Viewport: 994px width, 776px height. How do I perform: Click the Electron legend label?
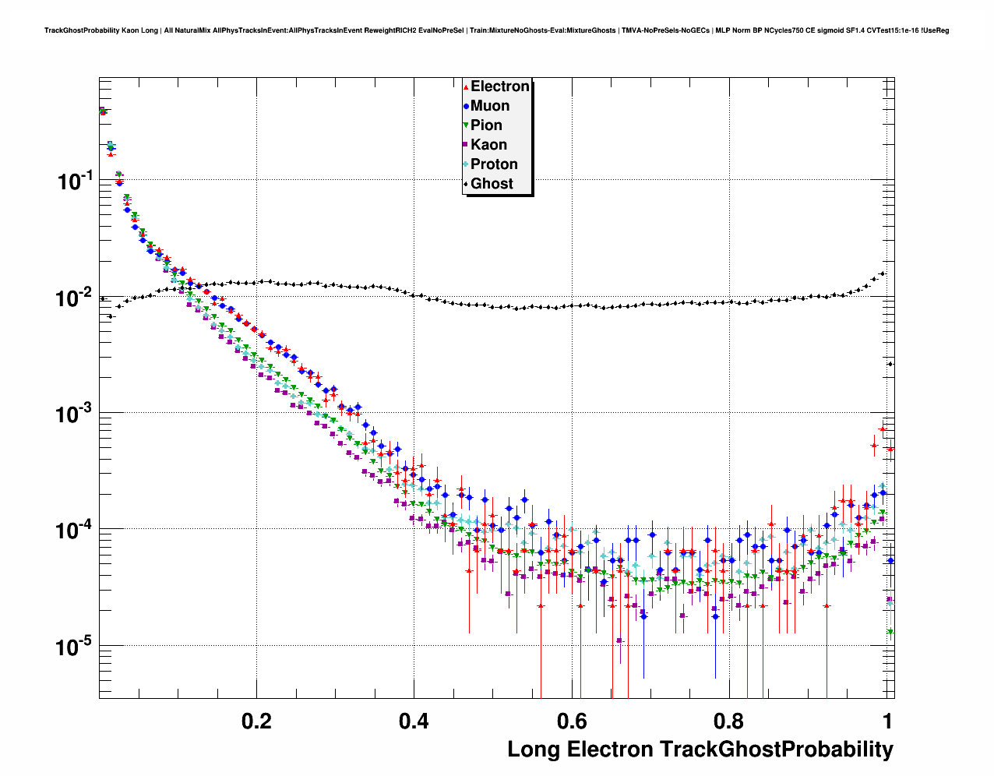(500, 86)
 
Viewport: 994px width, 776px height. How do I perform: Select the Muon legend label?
(490, 106)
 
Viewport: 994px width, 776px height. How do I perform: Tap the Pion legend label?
(486, 125)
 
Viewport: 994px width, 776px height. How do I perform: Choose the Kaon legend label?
(488, 145)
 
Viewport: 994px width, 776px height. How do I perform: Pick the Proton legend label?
(494, 164)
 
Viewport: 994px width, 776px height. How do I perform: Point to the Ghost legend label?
(492, 184)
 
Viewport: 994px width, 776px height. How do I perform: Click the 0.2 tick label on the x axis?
(256, 721)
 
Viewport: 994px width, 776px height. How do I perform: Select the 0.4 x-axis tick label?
(414, 721)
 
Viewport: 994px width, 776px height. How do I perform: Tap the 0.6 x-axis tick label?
(571, 721)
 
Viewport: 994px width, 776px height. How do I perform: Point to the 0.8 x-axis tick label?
(728, 721)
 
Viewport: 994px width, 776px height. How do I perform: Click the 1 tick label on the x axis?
(886, 721)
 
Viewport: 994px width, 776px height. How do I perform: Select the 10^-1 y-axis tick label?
(75, 181)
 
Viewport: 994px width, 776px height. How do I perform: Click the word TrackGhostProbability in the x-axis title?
(776, 750)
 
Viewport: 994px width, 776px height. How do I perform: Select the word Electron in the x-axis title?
(609, 750)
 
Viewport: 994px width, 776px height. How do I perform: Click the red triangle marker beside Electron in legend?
(466, 86)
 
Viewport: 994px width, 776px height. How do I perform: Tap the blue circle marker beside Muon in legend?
(466, 106)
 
